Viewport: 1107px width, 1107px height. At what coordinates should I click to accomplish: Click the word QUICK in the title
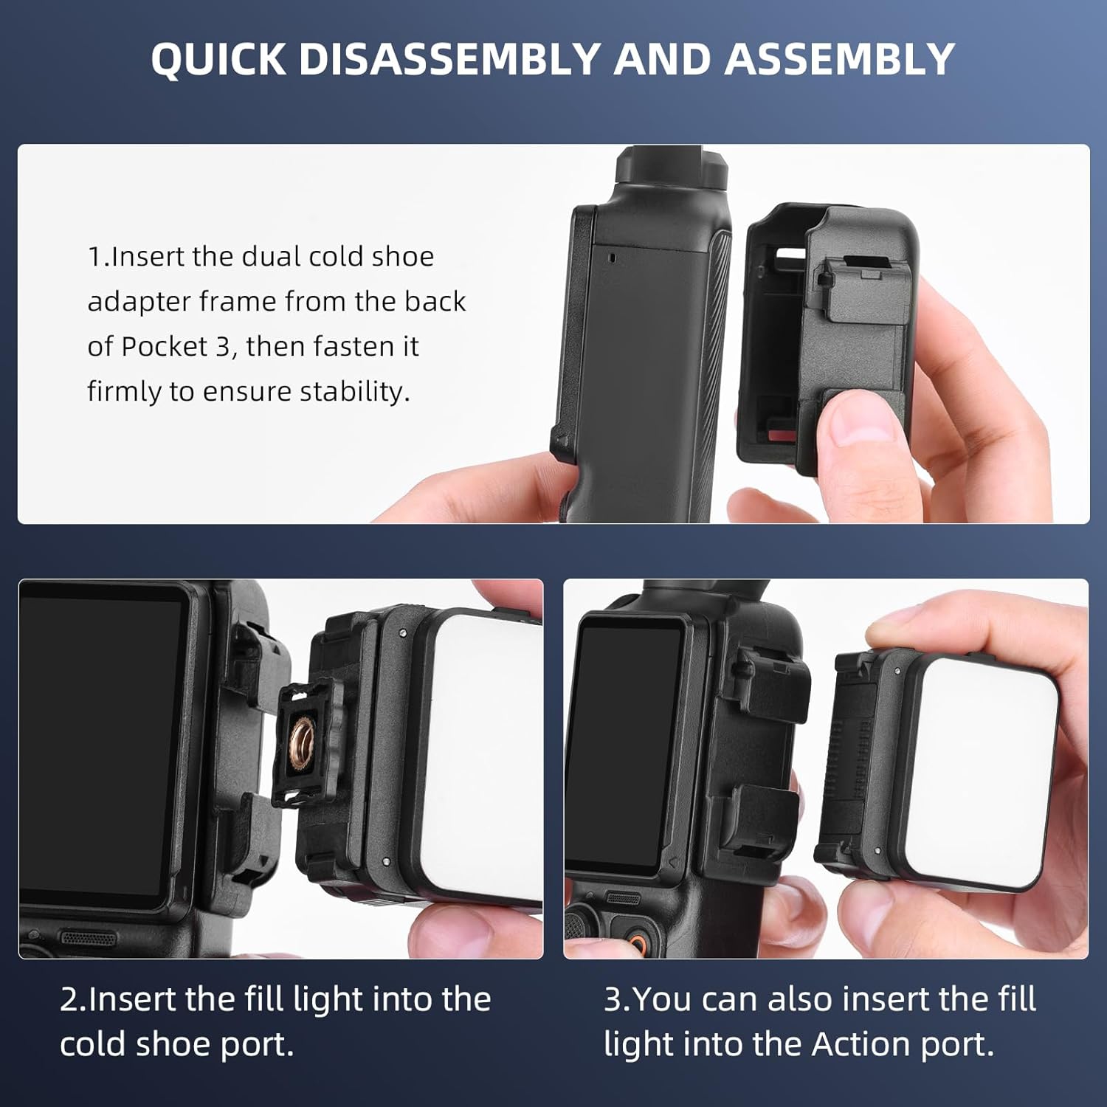tap(218, 59)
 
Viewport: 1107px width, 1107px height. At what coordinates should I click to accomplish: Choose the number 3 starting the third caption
tap(613, 999)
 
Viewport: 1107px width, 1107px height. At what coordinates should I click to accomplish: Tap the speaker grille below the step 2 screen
tap(88, 939)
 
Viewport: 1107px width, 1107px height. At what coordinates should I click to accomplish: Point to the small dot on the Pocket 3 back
tap(611, 258)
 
